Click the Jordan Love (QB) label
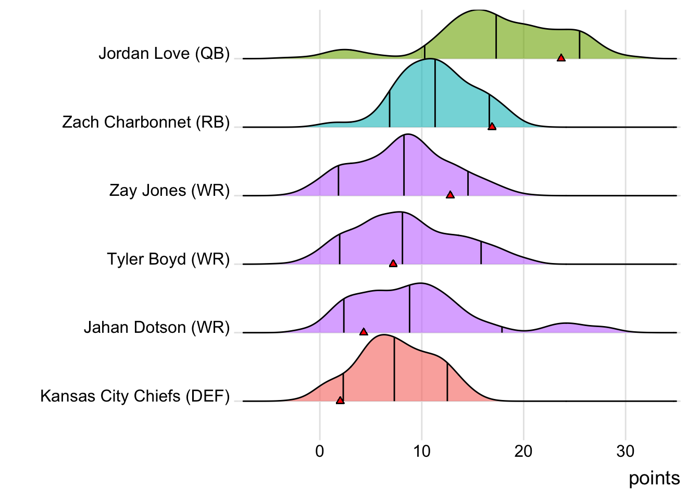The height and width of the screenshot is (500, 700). click(x=164, y=54)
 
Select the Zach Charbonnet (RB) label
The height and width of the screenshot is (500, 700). click(x=146, y=122)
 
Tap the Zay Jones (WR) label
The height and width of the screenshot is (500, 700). click(x=169, y=191)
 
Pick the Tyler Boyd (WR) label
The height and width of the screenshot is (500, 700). click(x=168, y=259)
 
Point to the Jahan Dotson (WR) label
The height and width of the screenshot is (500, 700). click(x=157, y=328)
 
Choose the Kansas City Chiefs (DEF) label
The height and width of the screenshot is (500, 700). click(x=135, y=396)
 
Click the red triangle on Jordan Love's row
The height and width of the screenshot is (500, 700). click(x=561, y=58)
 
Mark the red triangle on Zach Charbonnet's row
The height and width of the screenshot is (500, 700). click(x=492, y=127)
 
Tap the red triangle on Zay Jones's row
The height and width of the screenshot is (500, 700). click(x=450, y=195)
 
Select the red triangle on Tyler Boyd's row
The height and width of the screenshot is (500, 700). click(x=393, y=264)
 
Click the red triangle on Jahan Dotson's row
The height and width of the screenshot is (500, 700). click(x=364, y=332)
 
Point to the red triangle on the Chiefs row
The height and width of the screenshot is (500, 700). click(x=340, y=401)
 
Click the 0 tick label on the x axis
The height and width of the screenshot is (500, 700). click(x=320, y=451)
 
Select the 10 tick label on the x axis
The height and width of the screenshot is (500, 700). click(x=422, y=451)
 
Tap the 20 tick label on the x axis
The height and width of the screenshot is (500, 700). click(x=523, y=451)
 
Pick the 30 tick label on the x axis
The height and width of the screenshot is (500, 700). click(x=626, y=451)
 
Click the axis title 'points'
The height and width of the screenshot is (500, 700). click(x=654, y=478)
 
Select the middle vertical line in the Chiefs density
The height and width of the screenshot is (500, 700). click(x=394, y=370)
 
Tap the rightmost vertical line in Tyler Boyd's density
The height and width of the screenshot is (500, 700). click(x=481, y=253)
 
